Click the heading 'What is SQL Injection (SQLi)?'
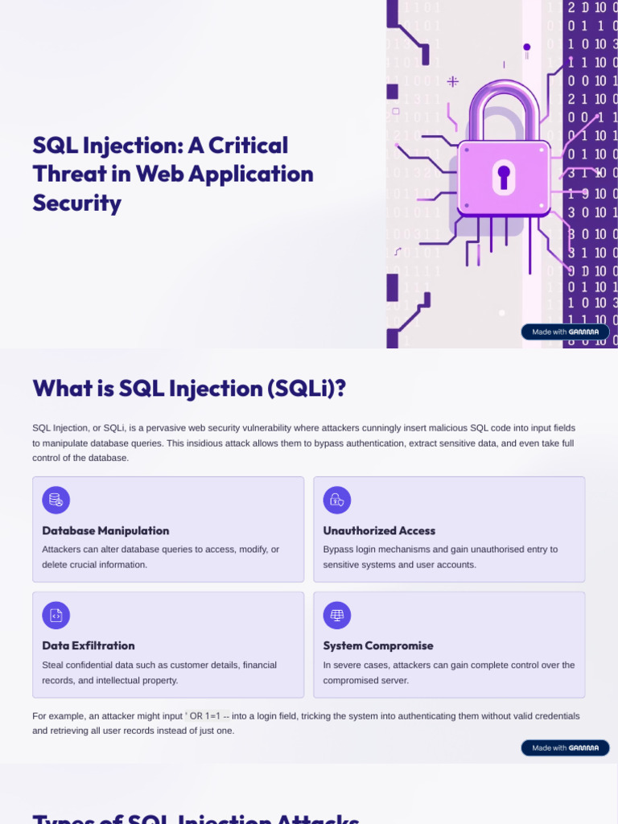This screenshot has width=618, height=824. [189, 388]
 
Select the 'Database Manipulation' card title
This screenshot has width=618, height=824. [105, 531]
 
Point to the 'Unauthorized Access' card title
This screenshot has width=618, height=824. [379, 531]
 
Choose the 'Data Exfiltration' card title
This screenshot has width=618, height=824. [89, 645]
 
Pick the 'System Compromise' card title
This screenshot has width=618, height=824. [378, 645]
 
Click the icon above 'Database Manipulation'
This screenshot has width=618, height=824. [56, 501]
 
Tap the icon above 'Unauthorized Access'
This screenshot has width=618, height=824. [337, 501]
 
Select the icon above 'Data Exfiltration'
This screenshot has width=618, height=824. [56, 616]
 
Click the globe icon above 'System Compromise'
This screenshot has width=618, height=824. [337, 616]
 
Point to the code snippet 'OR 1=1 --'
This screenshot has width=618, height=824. [208, 715]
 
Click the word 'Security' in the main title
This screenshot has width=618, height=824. [77, 203]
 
